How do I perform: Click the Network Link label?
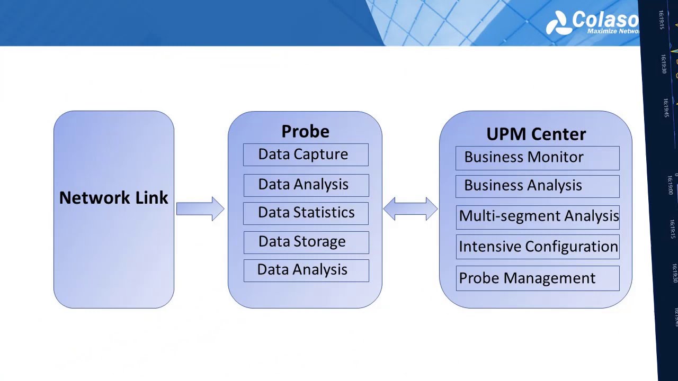(113, 198)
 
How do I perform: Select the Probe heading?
(305, 131)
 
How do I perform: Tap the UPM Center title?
(536, 134)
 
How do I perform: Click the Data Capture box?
(306, 155)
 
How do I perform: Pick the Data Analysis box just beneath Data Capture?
(306, 185)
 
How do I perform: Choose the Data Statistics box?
(306, 213)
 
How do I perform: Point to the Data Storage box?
(306, 242)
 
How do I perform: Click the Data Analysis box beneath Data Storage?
(306, 270)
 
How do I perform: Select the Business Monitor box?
(537, 158)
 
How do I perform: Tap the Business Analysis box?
(537, 186)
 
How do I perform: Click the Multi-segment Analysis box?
(537, 216)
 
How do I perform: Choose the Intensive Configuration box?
(537, 247)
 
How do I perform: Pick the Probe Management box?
(537, 278)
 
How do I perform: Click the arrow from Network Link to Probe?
(200, 208)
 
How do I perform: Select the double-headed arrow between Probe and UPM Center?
(410, 208)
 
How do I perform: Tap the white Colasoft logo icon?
(558, 23)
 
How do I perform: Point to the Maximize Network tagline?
(613, 31)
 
